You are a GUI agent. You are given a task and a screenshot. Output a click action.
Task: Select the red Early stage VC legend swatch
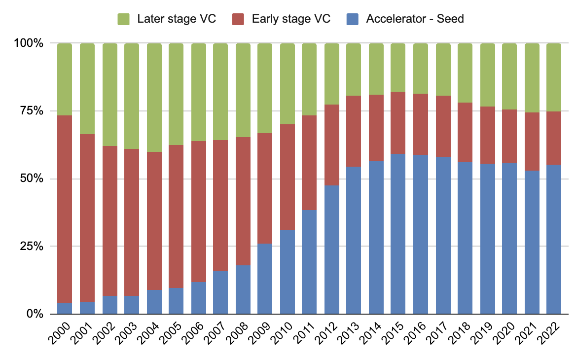point(238,19)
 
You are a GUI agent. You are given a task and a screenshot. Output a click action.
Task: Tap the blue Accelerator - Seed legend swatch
point(353,19)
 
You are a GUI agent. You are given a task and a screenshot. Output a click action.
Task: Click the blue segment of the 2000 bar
point(65,308)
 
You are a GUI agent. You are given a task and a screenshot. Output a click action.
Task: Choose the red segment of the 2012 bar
point(331,145)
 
